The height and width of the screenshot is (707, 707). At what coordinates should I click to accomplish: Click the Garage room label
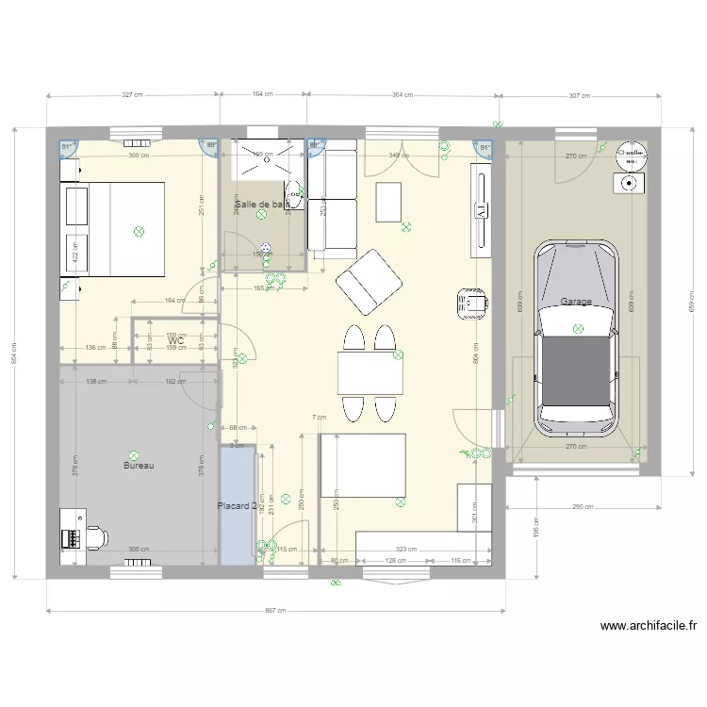[x=576, y=302]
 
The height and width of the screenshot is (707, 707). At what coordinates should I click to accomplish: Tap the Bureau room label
[x=138, y=466]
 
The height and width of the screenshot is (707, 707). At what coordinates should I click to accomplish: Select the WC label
[x=175, y=340]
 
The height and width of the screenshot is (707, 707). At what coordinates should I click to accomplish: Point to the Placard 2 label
[x=237, y=506]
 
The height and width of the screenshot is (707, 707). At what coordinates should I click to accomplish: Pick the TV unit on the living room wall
[x=481, y=211]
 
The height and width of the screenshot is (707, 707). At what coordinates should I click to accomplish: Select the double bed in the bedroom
[x=113, y=230]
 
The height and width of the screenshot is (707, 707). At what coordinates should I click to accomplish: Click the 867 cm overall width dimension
[x=274, y=611]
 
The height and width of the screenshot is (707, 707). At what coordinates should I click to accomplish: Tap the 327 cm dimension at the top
[x=133, y=95]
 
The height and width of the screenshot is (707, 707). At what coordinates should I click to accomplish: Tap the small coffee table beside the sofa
[x=389, y=201]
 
